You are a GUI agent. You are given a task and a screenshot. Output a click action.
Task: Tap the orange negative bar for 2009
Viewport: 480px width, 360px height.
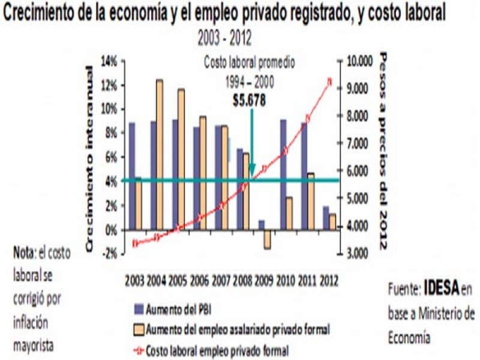click(x=267, y=239)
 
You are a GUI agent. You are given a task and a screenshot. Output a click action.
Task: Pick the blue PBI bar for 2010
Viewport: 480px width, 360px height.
click(x=283, y=175)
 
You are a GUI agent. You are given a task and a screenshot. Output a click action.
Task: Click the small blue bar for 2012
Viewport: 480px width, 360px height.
click(x=325, y=218)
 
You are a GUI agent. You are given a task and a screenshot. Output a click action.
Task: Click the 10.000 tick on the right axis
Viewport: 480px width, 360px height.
click(x=359, y=61)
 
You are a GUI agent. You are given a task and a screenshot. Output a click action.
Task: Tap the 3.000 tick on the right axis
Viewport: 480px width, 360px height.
click(x=358, y=254)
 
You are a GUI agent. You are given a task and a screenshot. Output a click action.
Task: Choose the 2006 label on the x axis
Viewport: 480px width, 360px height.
click(x=200, y=280)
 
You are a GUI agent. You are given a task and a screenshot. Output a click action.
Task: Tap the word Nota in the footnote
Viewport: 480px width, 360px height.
click(x=25, y=253)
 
